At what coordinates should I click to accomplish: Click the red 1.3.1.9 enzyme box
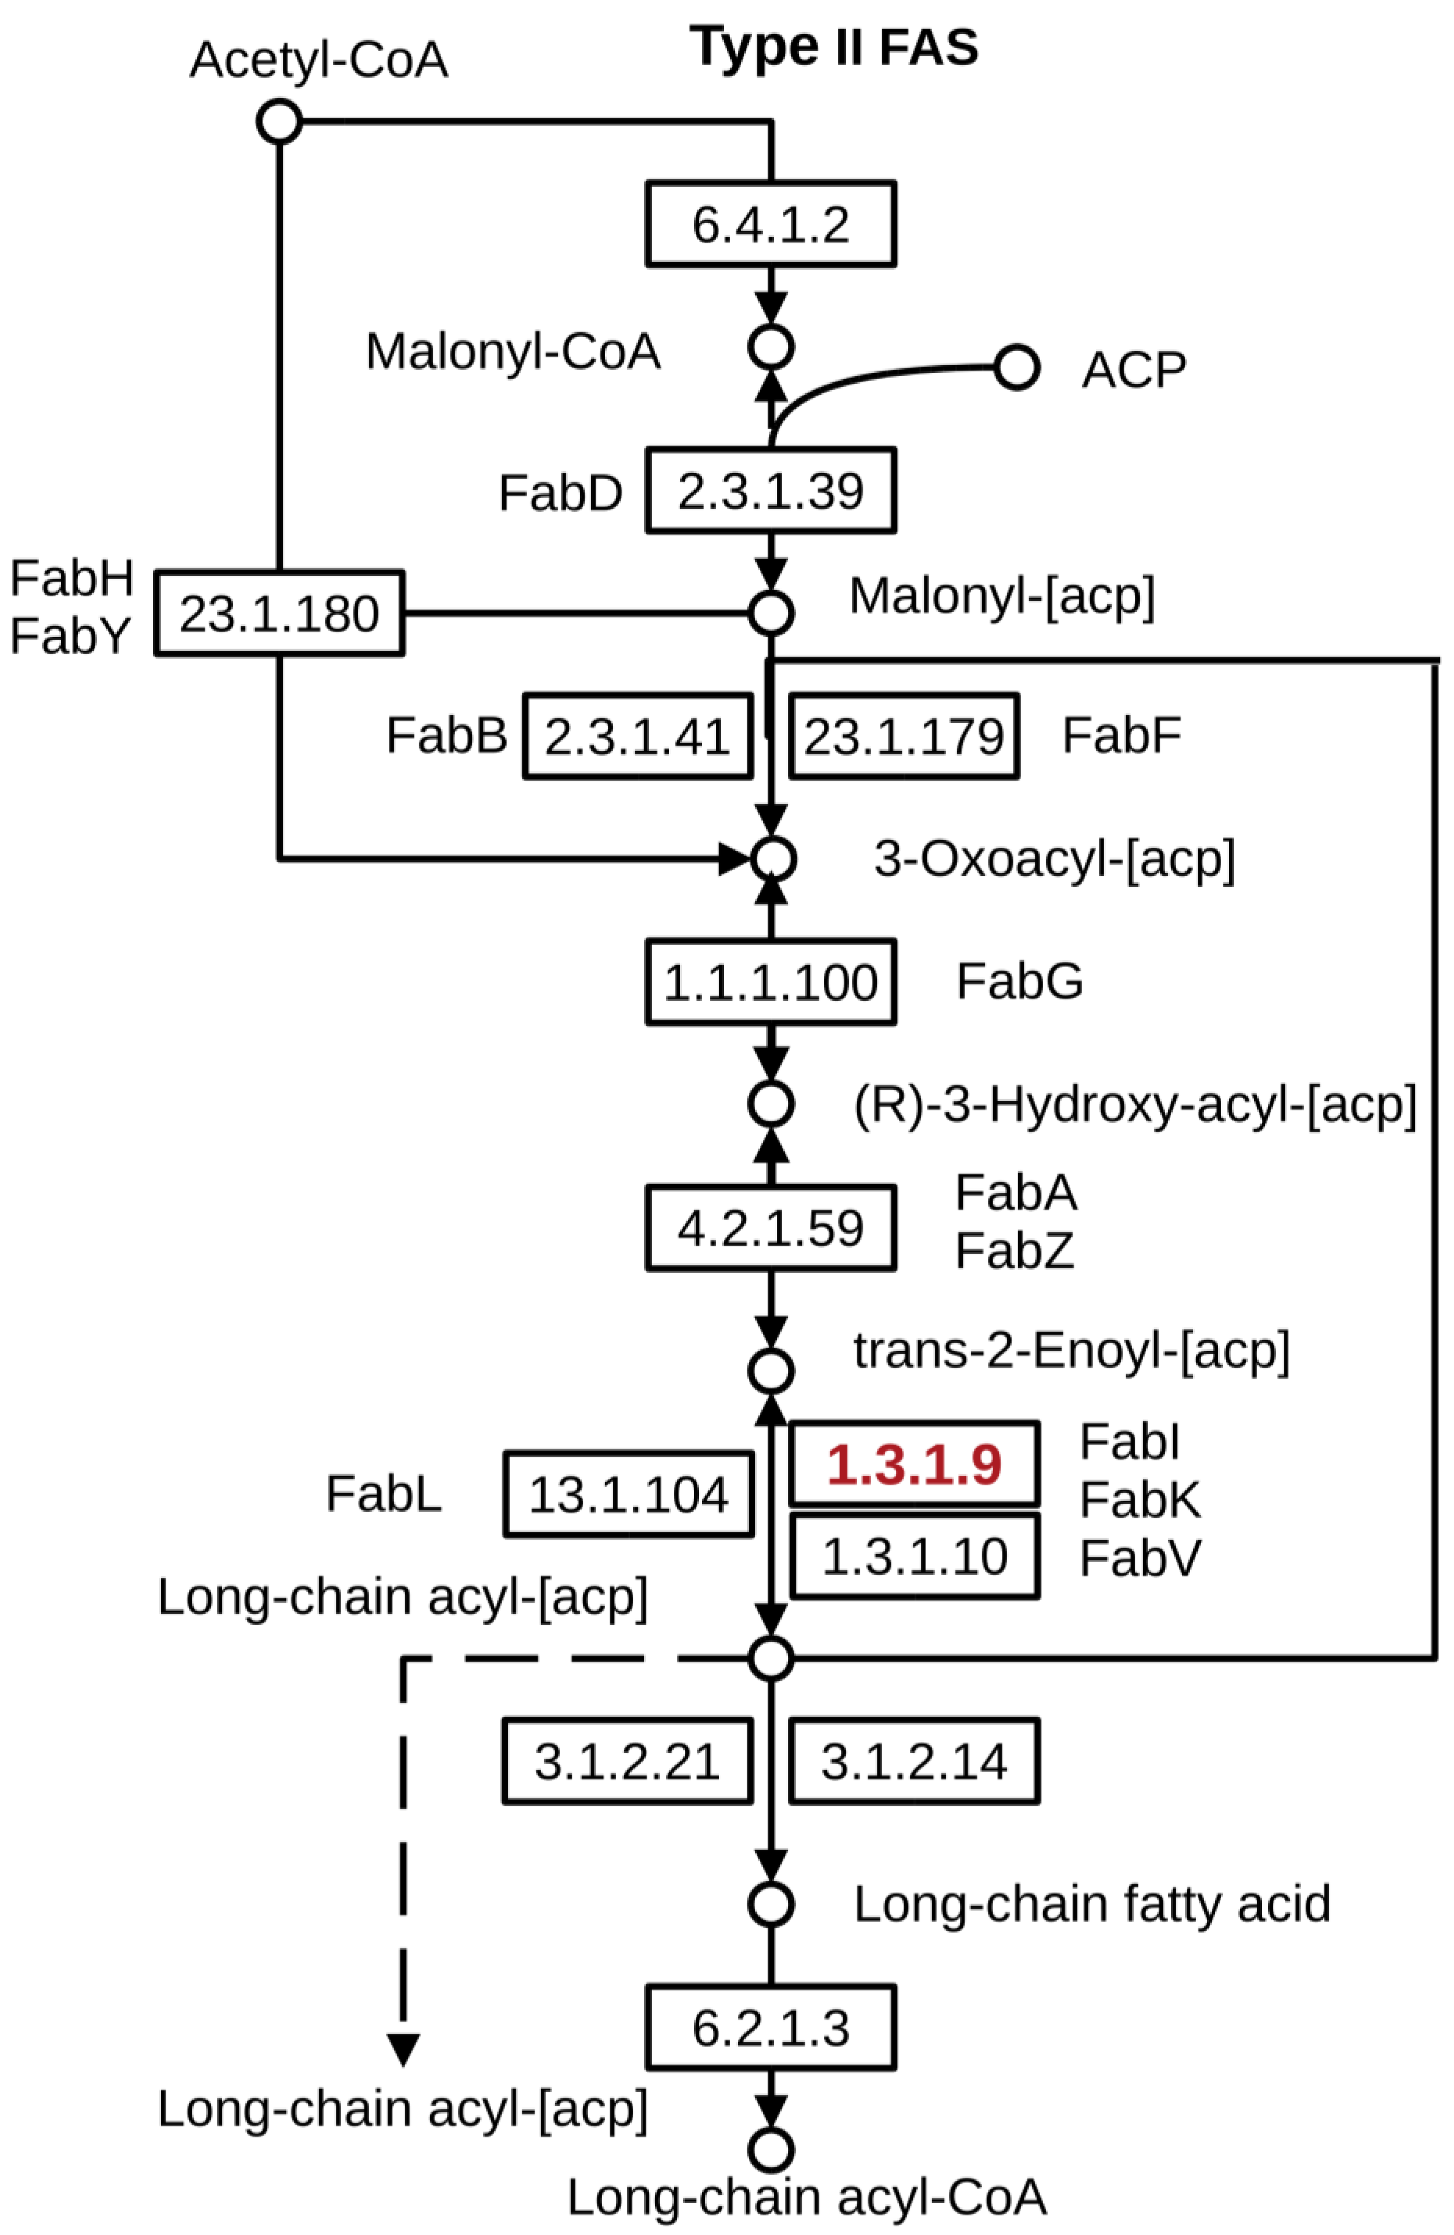(x=914, y=1464)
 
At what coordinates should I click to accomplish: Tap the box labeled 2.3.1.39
(x=770, y=490)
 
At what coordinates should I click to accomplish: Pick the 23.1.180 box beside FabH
(x=279, y=613)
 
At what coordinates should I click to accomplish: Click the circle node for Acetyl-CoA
(x=279, y=122)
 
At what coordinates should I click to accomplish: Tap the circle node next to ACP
(x=1017, y=367)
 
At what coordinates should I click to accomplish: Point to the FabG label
(x=1019, y=982)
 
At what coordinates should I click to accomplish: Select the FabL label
(x=383, y=1493)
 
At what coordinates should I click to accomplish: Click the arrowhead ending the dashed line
(x=403, y=2050)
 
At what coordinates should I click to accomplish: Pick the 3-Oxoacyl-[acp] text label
(x=1054, y=858)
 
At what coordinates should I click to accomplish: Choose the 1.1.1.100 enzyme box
(x=770, y=982)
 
